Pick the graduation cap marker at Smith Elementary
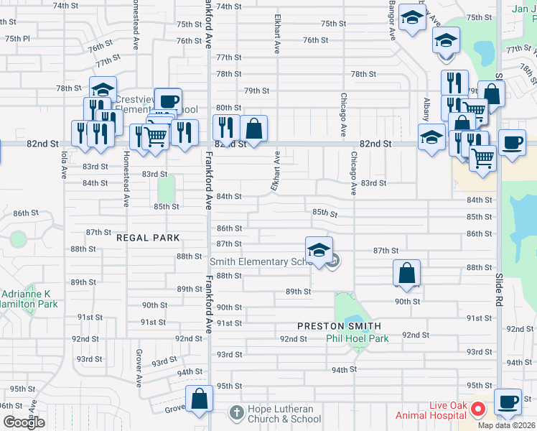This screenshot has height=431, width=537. pos(319,251)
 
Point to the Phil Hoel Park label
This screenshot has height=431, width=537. pos(357,338)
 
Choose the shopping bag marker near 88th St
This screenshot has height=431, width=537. pos(406,274)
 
